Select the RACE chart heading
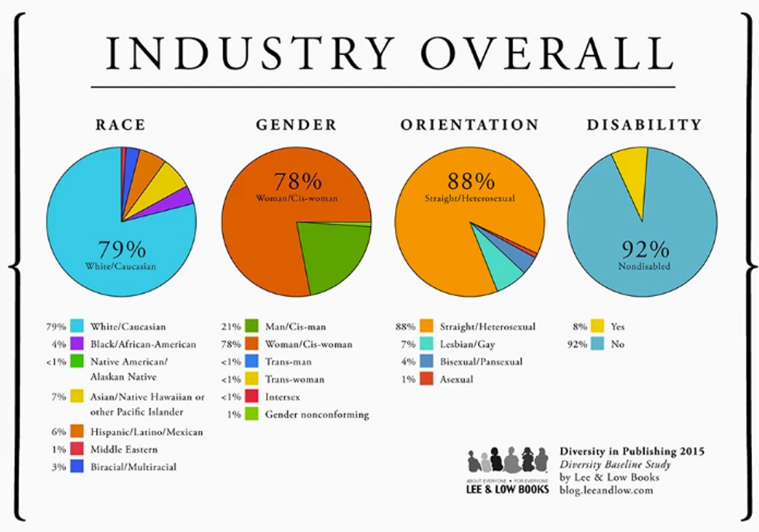[120, 125]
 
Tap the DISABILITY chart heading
[644, 125]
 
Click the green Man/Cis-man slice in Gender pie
[333, 256]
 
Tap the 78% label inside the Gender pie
[298, 182]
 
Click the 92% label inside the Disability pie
[644, 249]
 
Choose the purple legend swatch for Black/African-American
[77, 344]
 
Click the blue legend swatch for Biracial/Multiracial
[77, 466]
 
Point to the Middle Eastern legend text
[124, 449]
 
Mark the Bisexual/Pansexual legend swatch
[426, 362]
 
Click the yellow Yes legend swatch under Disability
[598, 327]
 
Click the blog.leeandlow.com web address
[606, 489]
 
